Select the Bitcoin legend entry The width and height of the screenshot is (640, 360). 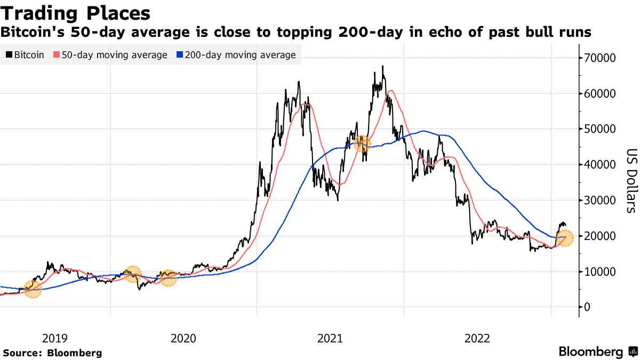pyautogui.click(x=25, y=55)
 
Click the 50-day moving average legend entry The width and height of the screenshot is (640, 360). pyautogui.click(x=110, y=55)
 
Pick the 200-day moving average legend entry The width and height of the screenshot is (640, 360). pyautogui.click(x=237, y=55)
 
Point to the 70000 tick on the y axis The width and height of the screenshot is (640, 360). pyautogui.click(x=601, y=58)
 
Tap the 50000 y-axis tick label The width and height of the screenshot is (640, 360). pyautogui.click(x=601, y=129)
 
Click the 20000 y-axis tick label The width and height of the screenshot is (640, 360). pyautogui.click(x=601, y=236)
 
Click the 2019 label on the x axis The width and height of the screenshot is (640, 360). pyautogui.click(x=54, y=338)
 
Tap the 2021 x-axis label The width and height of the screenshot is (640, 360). pyautogui.click(x=330, y=338)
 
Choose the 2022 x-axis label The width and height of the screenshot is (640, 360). pyautogui.click(x=477, y=338)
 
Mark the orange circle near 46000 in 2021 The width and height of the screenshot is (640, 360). pyautogui.click(x=362, y=143)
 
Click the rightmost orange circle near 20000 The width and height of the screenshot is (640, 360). pyautogui.click(x=564, y=238)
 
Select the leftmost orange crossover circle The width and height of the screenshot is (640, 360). pyautogui.click(x=32, y=290)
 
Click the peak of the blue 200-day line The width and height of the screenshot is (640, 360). pyautogui.click(x=423, y=131)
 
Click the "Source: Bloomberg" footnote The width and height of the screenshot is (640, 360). pyautogui.click(x=52, y=353)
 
